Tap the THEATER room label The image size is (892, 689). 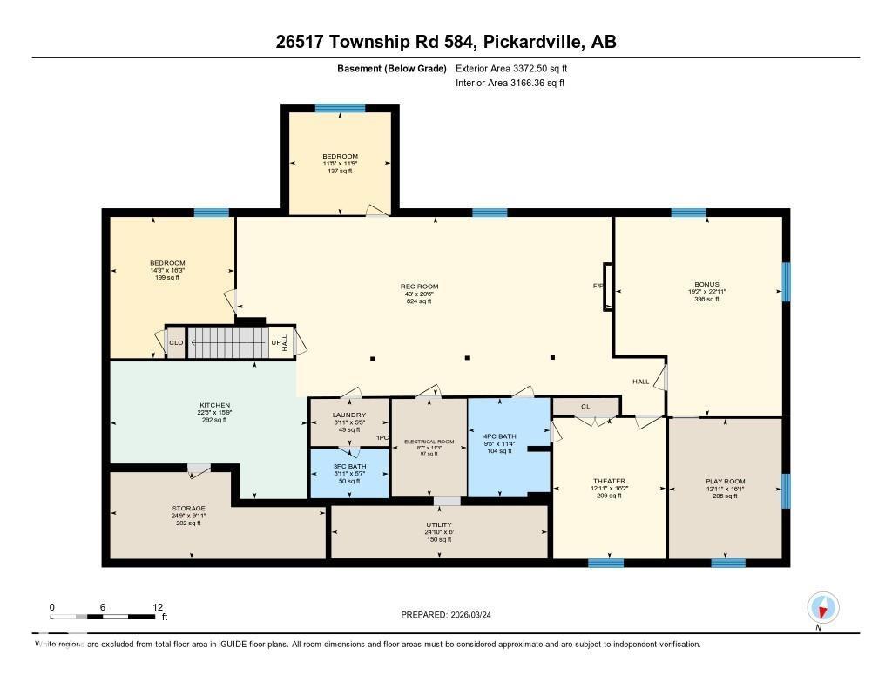pyautogui.click(x=609, y=481)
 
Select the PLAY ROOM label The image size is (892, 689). pyautogui.click(x=725, y=481)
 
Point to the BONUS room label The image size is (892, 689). pyautogui.click(x=706, y=284)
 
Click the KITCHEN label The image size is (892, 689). pyautogui.click(x=214, y=405)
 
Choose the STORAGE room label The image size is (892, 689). pyautogui.click(x=188, y=508)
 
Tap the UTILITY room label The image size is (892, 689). pyautogui.click(x=438, y=525)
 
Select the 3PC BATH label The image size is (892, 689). pyautogui.click(x=350, y=467)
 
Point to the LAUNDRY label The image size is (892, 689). pyautogui.click(x=349, y=415)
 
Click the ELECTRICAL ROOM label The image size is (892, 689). pyautogui.click(x=429, y=442)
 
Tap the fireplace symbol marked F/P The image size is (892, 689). pyautogui.click(x=607, y=286)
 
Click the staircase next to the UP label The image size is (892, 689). pyautogui.click(x=227, y=342)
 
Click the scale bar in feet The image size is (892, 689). pyautogui.click(x=105, y=617)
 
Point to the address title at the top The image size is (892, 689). pyautogui.click(x=446, y=42)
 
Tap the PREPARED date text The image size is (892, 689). pyautogui.click(x=445, y=615)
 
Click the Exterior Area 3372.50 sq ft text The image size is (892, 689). pyautogui.click(x=511, y=68)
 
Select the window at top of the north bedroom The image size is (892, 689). pyautogui.click(x=340, y=108)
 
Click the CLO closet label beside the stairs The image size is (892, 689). pyautogui.click(x=176, y=342)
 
